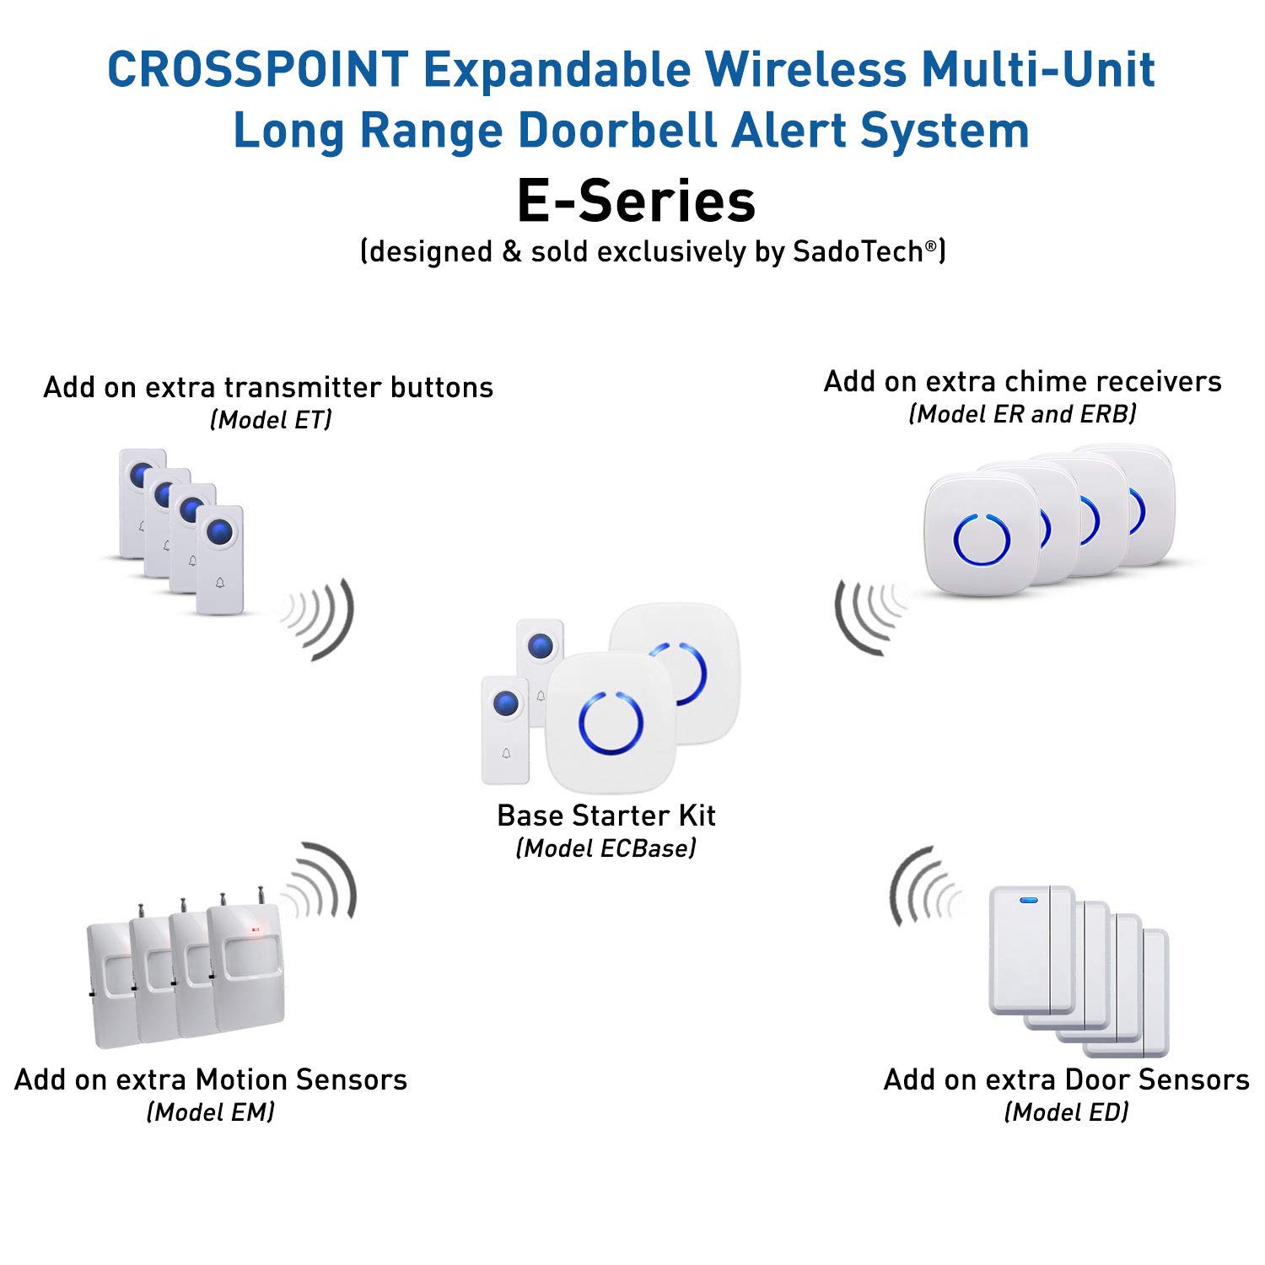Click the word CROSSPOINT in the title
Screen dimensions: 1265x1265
point(258,69)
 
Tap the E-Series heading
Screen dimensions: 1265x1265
point(636,202)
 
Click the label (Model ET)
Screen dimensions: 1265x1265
point(271,419)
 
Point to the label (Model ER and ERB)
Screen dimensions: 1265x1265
point(1022,413)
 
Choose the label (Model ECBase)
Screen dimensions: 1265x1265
point(606,848)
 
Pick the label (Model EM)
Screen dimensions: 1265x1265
point(211,1112)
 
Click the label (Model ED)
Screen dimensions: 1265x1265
point(1066,1112)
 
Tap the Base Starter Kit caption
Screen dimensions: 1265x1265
point(606,816)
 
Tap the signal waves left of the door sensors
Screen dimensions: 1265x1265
point(923,890)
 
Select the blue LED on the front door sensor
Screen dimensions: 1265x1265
point(1029,899)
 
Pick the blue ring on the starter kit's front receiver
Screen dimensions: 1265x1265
point(611,724)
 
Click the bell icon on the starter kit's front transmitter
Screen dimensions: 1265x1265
point(506,753)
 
